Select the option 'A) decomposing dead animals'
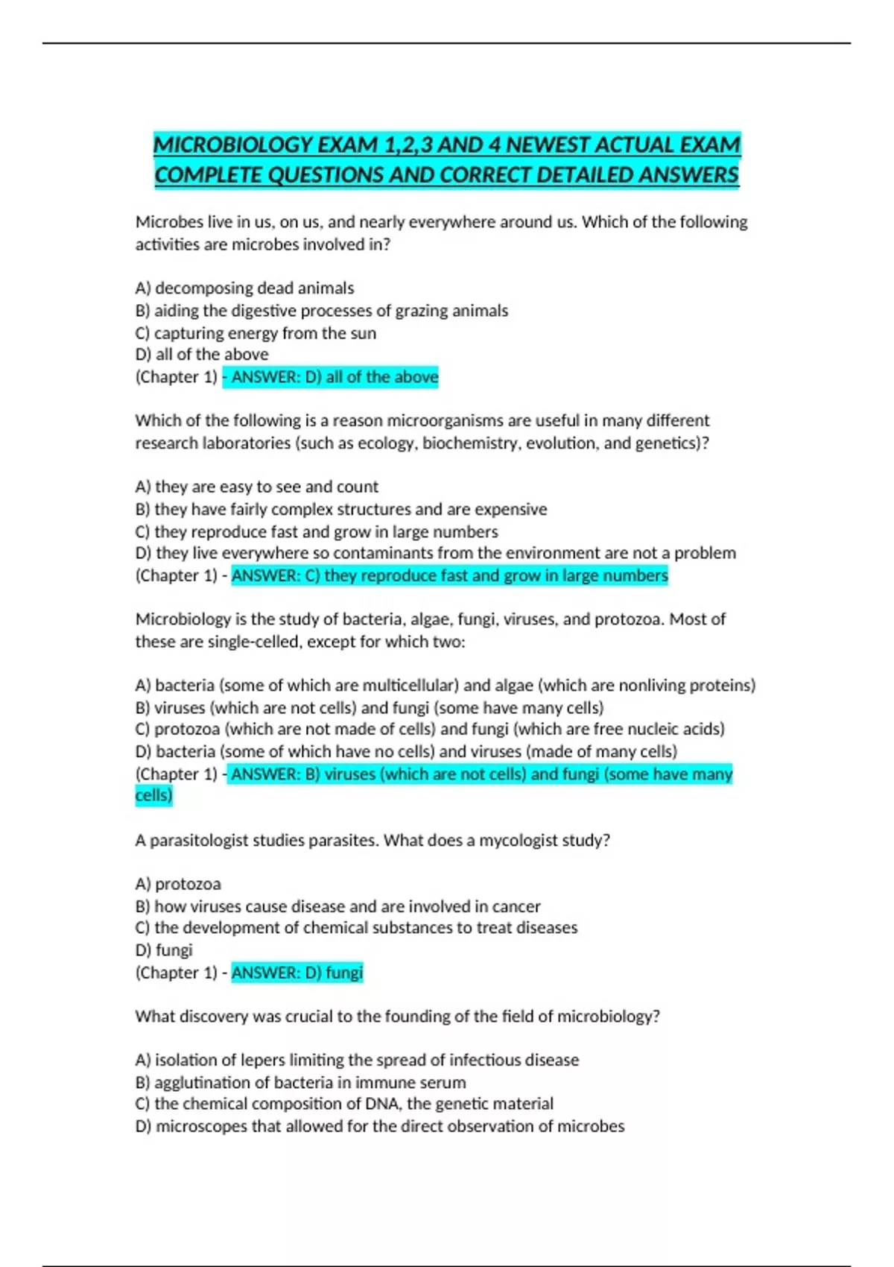pos(244,288)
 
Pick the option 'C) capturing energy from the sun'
pos(256,333)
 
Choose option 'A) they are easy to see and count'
pos(256,487)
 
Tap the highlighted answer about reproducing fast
pos(449,576)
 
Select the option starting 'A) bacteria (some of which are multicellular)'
pos(445,686)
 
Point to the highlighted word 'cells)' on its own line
pos(153,796)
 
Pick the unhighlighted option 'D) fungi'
pos(164,950)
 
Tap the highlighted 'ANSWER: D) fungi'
pos(297,973)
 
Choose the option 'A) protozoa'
pos(178,885)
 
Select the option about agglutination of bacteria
pos(300,1083)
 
